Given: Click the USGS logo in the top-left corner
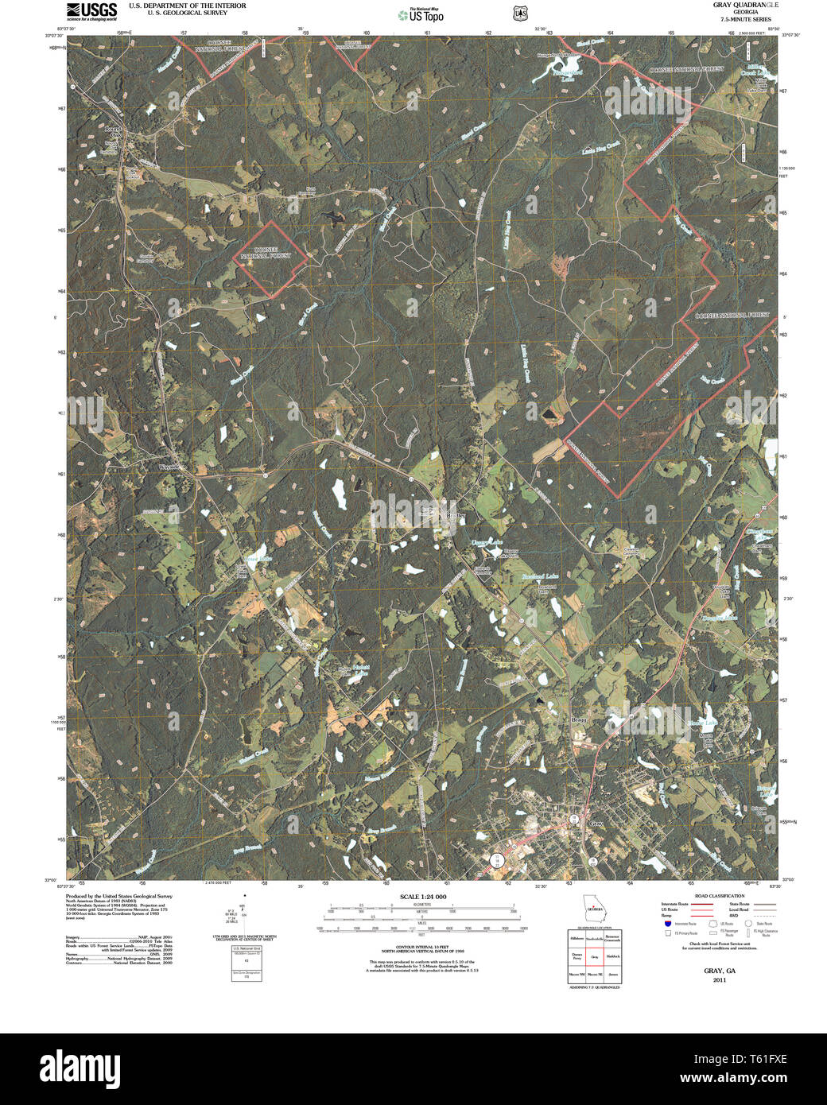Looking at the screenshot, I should (x=91, y=11).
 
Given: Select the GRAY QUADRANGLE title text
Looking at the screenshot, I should (x=736, y=5).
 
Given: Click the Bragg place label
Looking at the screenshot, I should (x=579, y=720).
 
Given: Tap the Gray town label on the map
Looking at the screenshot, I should (x=596, y=824).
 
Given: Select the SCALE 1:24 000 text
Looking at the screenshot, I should (x=422, y=897).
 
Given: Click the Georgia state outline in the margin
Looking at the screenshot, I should (x=593, y=906).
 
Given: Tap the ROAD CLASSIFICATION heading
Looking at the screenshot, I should (x=719, y=896).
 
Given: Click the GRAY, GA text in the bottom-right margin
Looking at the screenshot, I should (x=719, y=971).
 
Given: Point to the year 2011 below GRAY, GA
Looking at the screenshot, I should (x=719, y=979).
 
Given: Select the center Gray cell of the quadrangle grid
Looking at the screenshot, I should (x=594, y=957).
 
